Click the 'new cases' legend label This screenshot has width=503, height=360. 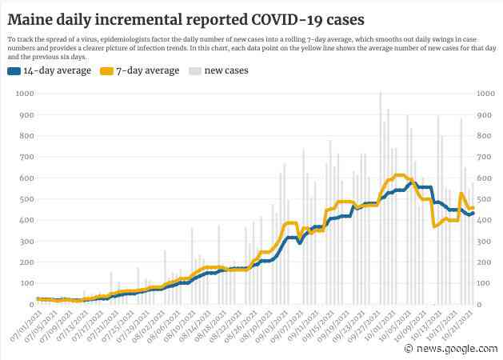(226, 71)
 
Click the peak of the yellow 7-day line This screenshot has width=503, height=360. (400, 174)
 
